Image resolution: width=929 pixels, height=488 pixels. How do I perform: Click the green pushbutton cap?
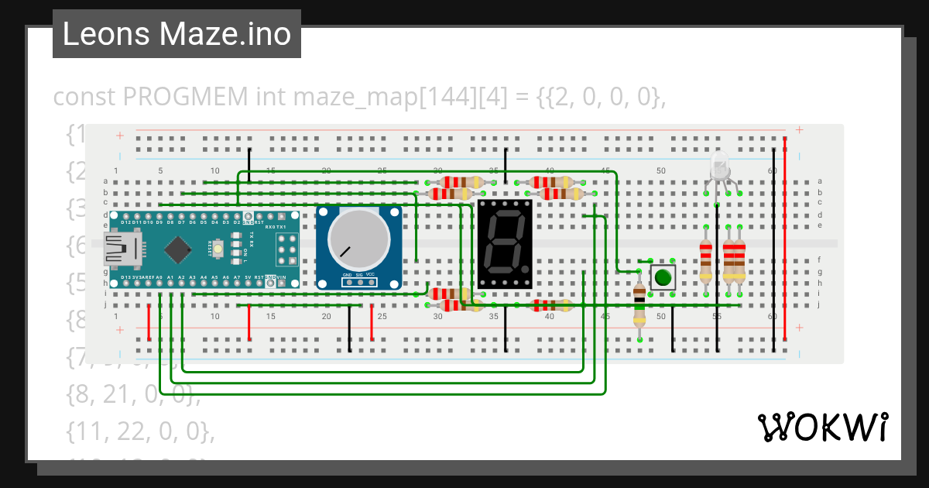pos(662,277)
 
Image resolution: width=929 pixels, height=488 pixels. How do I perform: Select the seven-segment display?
pos(506,244)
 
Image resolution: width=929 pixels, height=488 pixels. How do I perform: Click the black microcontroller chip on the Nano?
pos(179,249)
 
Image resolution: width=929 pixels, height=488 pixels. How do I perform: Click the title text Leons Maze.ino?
pos(177,34)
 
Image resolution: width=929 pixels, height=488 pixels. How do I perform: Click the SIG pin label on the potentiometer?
pos(358,275)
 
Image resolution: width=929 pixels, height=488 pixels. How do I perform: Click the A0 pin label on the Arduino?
pos(159,277)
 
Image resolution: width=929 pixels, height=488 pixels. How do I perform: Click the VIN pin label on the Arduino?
pos(282,277)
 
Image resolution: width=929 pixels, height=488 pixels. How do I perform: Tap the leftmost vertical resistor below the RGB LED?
pos(705,261)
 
